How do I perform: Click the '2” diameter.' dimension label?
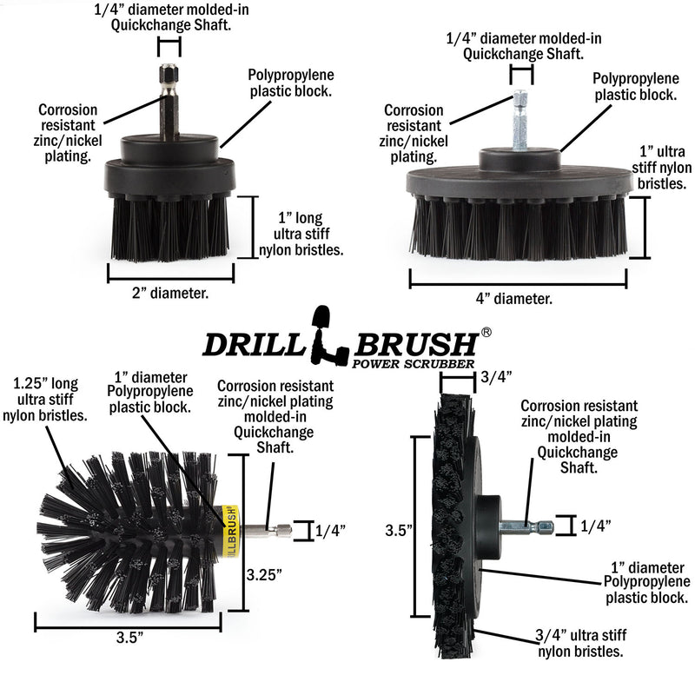170,293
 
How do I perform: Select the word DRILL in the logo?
251,345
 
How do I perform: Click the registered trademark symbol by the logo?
486,332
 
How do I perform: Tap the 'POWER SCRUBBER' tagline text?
413,364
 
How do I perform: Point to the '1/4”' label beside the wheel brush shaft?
596,526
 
